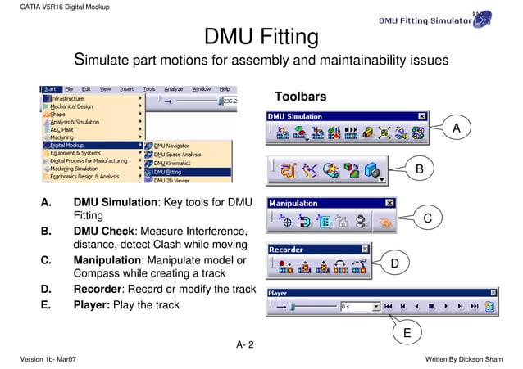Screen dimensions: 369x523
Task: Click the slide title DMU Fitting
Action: (x=261, y=38)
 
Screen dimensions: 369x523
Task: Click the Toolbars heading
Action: (x=300, y=97)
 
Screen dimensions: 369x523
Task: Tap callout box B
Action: (x=419, y=169)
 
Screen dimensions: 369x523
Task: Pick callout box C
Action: (x=428, y=217)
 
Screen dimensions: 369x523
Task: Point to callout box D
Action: (x=394, y=263)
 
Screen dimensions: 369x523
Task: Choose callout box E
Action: (x=407, y=333)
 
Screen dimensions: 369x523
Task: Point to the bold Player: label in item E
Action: (x=93, y=306)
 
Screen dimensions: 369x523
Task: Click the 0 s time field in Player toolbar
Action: (x=357, y=307)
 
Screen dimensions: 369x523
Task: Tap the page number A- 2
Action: (x=245, y=344)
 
